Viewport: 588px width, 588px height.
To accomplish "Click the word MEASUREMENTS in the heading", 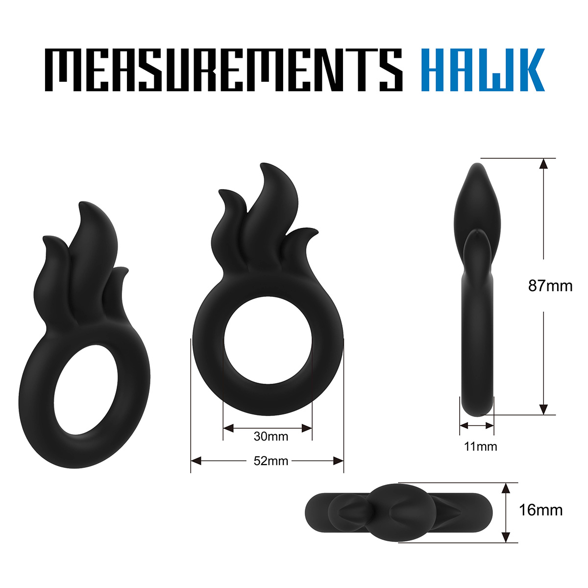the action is [223, 70].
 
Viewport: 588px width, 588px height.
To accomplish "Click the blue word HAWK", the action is [483, 70].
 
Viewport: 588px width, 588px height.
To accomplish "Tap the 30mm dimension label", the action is [270, 437].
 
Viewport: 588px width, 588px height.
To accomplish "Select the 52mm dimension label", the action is [270, 461].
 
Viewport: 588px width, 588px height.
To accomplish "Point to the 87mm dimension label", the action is [550, 286].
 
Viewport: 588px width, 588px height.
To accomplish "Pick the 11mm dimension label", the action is [480, 447].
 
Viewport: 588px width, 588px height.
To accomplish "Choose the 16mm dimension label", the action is [540, 510].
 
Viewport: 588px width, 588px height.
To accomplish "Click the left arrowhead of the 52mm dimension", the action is [196, 461].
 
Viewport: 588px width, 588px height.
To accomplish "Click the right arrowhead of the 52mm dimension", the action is [338, 461].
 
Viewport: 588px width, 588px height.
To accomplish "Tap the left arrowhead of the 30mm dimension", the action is [228, 428].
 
